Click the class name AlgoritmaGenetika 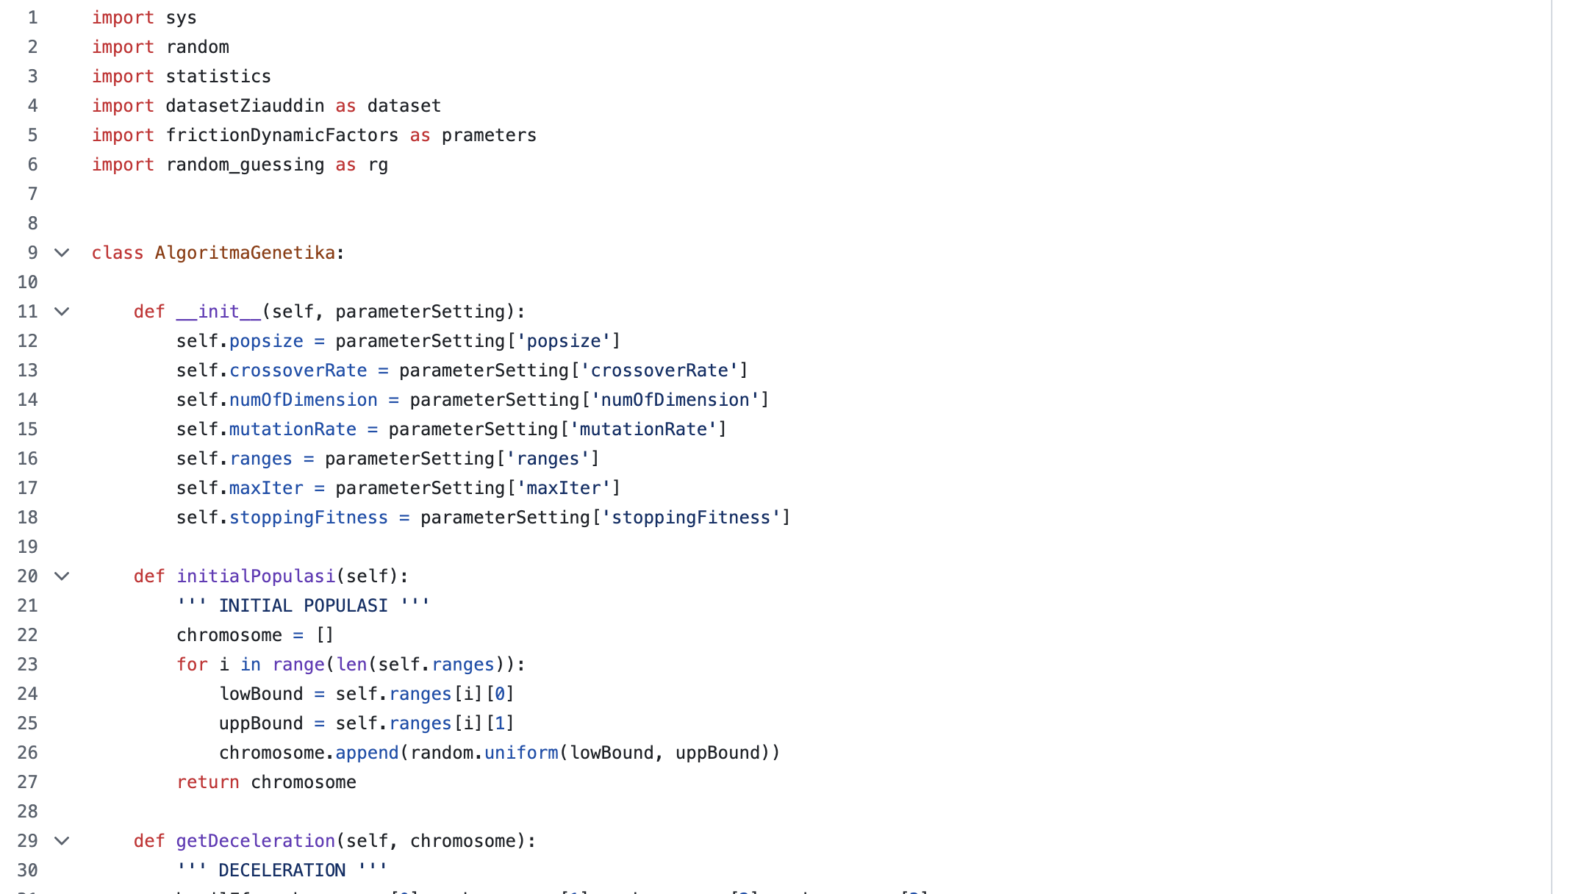tap(245, 253)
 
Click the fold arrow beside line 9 tap(62, 253)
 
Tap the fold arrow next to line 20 tap(62, 576)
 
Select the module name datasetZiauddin tap(245, 106)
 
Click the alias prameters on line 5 tap(489, 135)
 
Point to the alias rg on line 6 tap(378, 165)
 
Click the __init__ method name tap(218, 312)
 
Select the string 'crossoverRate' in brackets tap(659, 371)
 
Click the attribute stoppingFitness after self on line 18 tap(308, 518)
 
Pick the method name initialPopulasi tap(255, 576)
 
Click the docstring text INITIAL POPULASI tap(303, 606)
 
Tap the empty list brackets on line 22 tap(325, 635)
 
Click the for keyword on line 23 tap(192, 665)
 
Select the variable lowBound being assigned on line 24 tap(261, 694)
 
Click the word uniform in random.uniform tap(521, 753)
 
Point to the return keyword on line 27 tap(207, 782)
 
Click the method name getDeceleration tap(255, 841)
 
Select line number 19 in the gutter tap(28, 547)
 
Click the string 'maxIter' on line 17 tap(563, 488)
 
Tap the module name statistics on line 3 tap(218, 76)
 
